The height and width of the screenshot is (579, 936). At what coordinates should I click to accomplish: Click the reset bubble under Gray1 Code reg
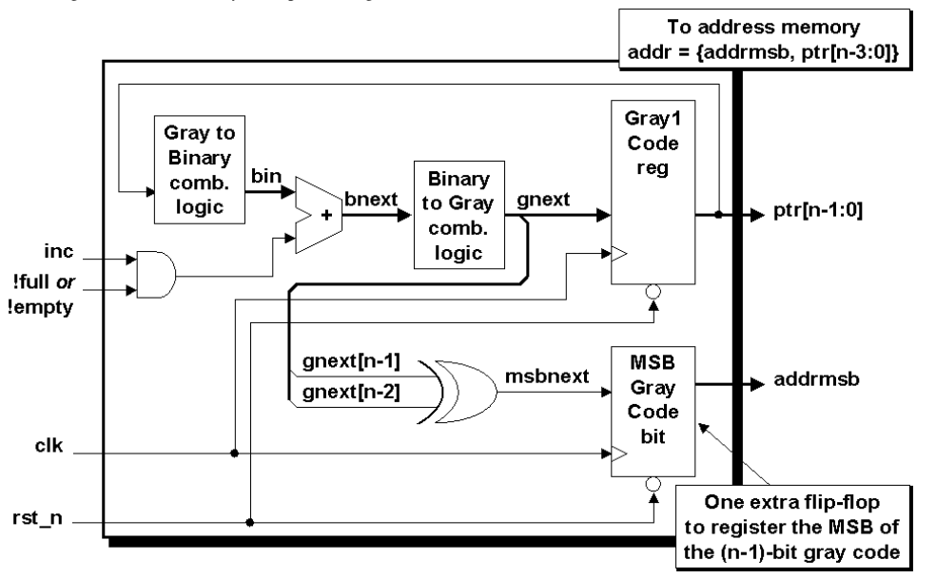(652, 293)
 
